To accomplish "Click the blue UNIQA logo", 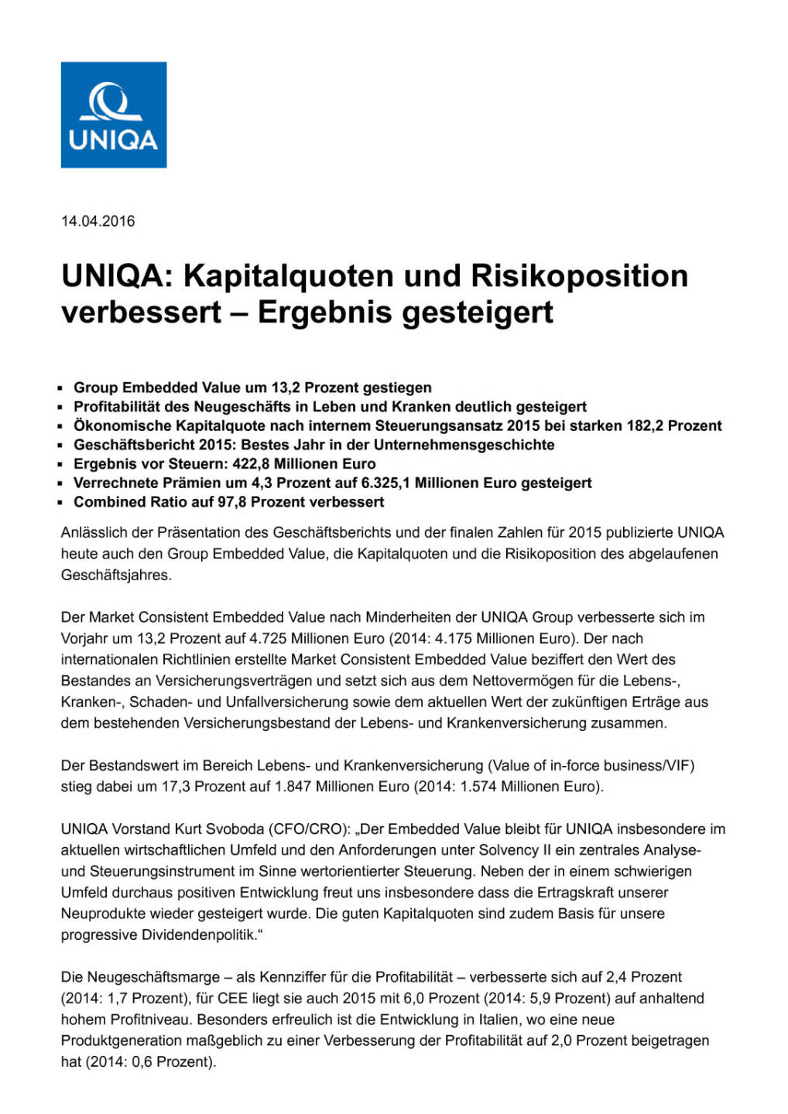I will [114, 114].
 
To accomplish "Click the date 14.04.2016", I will [98, 221].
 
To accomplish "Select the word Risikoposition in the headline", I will [580, 276].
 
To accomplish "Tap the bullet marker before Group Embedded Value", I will [60, 388].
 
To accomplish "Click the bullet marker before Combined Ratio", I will [60, 502].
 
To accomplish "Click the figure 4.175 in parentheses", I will [454, 638].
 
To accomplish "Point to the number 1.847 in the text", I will [295, 787].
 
